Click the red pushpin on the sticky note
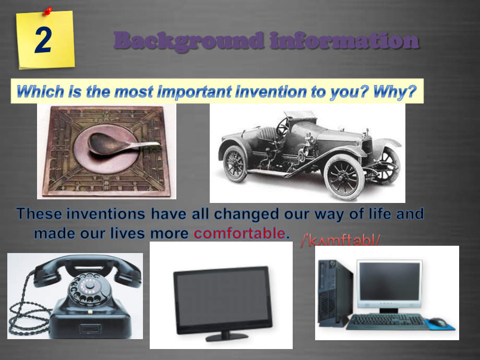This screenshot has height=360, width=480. pos(48,10)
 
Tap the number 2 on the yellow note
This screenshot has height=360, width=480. pos(44,41)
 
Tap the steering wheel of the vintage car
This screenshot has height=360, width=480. pos(283,126)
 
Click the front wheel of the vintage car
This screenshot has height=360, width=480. pos(344,175)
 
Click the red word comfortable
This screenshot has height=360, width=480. pos(240,233)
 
